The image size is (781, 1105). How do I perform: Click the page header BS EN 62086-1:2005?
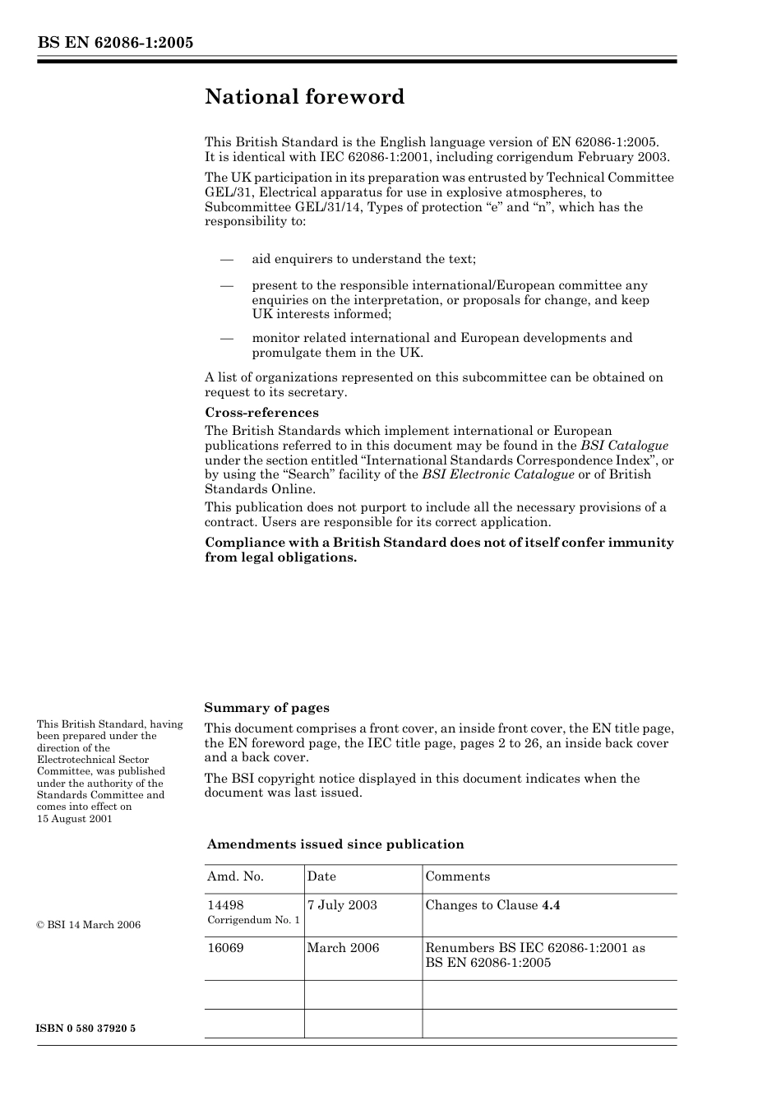(115, 43)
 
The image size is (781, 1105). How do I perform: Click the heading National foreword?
(304, 97)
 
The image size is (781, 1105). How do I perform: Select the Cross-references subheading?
(261, 413)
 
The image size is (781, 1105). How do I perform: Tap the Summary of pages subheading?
(266, 708)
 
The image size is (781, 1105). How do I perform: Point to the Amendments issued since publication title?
(335, 844)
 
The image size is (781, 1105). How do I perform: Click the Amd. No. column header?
(235, 876)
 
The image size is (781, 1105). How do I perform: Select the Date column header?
(321, 876)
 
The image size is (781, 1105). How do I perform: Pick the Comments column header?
(457, 876)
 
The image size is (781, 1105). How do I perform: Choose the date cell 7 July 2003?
(342, 905)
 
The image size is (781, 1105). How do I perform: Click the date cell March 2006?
(343, 948)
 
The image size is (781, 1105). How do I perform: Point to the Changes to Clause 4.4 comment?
(492, 905)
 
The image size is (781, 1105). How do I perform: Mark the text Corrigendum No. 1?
(253, 920)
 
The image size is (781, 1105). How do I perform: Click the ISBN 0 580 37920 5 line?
(86, 1029)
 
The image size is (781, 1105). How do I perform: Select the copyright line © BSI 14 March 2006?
(89, 925)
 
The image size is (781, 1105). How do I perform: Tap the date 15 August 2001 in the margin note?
(74, 818)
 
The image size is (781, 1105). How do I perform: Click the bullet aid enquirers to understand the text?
(363, 259)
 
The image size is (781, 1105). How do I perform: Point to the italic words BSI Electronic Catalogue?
(498, 474)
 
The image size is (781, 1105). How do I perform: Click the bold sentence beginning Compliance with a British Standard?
(439, 550)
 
